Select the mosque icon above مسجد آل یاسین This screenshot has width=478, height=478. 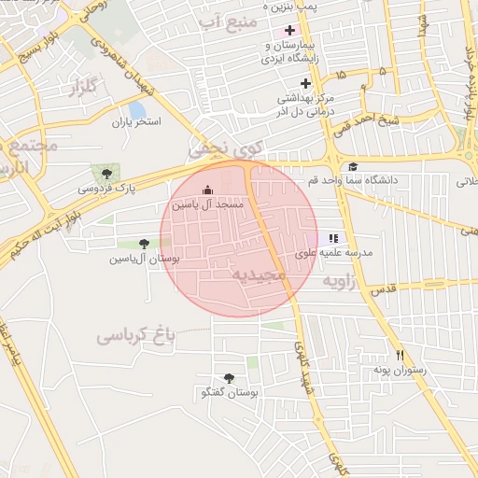point(207,190)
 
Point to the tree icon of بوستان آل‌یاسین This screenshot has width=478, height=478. point(143,243)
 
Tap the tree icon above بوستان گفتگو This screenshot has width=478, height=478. point(229,378)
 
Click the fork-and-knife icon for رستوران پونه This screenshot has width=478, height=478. point(401,355)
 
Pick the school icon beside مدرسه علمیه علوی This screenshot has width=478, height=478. point(334,238)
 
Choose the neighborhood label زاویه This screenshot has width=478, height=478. point(340,280)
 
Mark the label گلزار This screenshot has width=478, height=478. point(85,90)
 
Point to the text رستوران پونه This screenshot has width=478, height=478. point(401,371)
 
